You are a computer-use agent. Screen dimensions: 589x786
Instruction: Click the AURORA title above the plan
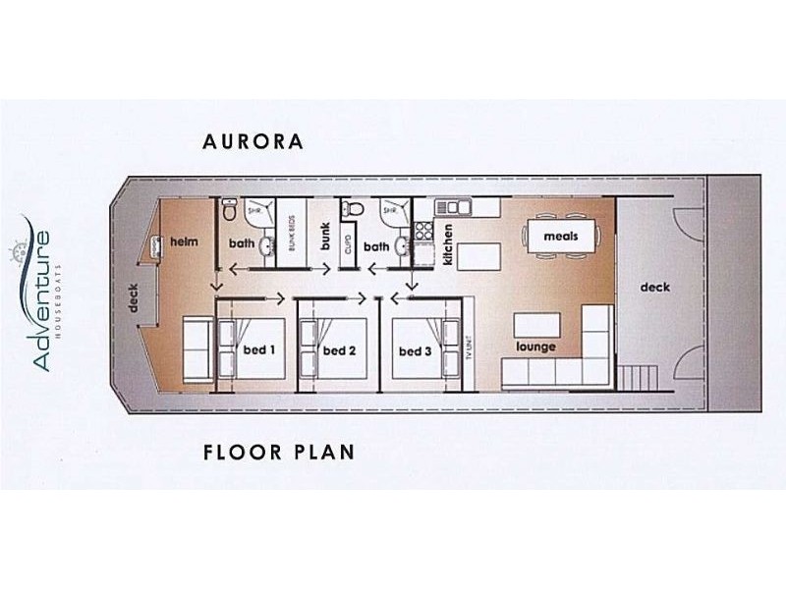click(253, 141)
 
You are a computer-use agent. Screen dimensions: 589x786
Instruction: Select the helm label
click(185, 241)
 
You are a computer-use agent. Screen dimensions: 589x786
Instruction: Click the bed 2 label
click(339, 350)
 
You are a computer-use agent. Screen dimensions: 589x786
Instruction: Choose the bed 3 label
click(416, 350)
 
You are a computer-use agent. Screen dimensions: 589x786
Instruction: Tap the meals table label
click(561, 237)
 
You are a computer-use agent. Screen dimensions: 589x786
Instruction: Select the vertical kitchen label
click(447, 245)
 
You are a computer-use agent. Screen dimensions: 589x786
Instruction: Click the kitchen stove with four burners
click(423, 232)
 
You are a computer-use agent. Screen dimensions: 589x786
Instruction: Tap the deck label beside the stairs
click(655, 288)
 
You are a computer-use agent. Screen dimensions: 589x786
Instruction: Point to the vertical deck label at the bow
click(135, 298)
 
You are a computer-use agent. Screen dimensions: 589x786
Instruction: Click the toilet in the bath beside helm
click(228, 209)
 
